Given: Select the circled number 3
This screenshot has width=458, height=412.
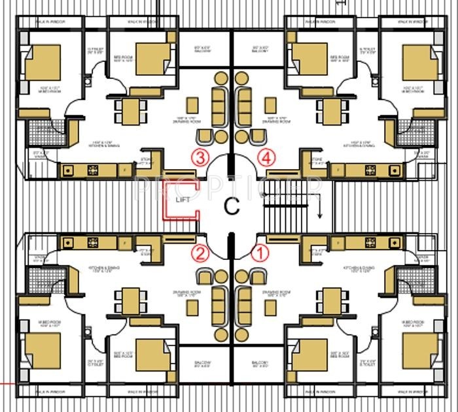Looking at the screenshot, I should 199,157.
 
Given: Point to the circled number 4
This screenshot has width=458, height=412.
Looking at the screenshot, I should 265,157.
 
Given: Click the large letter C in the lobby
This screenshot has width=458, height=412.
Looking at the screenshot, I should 231,206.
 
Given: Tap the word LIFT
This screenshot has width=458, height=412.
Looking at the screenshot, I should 183,200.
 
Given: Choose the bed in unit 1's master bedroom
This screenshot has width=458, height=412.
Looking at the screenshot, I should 419,350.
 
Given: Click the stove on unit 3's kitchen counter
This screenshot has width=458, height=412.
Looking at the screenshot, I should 92,171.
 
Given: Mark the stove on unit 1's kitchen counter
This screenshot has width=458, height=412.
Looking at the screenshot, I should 370,242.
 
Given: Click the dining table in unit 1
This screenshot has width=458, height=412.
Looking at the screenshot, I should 332,302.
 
